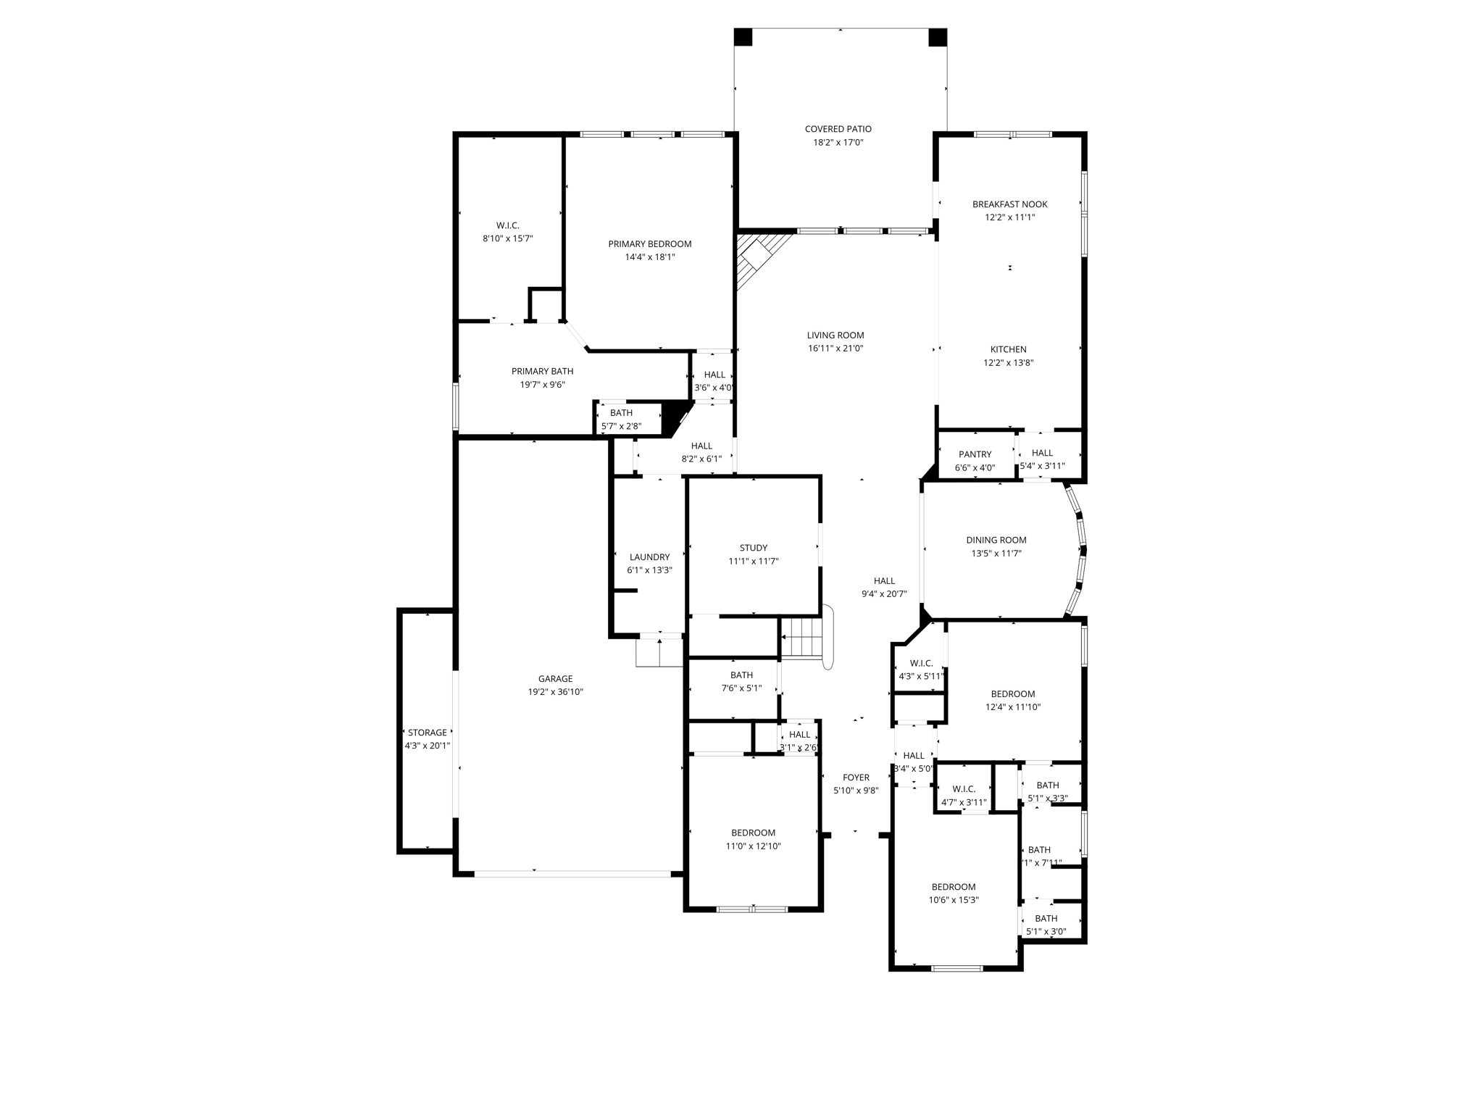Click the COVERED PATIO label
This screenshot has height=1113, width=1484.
[838, 129]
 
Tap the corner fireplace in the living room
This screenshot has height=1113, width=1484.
[756, 257]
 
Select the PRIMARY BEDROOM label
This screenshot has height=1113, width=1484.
[649, 244]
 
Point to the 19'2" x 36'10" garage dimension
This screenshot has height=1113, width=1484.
[555, 692]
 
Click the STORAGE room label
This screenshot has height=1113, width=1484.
[427, 733]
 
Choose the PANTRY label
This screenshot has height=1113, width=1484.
[975, 454]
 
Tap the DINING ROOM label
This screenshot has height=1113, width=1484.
[996, 540]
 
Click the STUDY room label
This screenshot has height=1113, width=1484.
[753, 548]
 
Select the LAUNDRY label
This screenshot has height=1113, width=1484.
[649, 557]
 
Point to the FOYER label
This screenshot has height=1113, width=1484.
[856, 778]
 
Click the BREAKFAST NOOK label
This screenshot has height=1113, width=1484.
[1009, 204]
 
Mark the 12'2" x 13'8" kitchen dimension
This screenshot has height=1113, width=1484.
[1009, 363]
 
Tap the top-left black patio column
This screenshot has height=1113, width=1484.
[743, 37]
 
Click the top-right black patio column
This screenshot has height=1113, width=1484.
[938, 37]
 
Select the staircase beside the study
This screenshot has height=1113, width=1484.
[803, 638]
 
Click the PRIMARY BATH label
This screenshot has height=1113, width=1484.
[542, 372]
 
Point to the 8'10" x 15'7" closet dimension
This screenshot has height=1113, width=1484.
[507, 238]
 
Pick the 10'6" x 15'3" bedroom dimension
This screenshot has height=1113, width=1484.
[954, 900]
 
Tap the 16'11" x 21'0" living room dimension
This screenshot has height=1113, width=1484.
[835, 349]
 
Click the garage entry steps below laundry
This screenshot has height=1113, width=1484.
[659, 653]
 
